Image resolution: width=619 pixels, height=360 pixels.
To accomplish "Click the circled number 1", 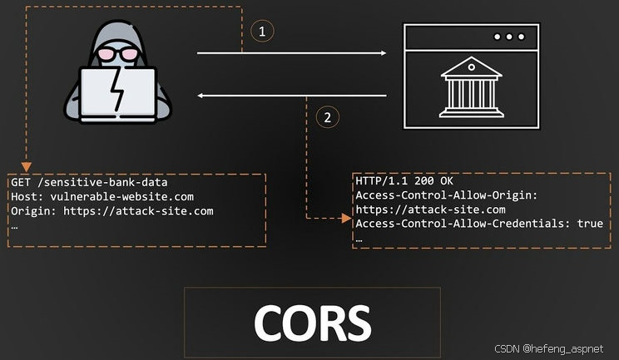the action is point(262,32).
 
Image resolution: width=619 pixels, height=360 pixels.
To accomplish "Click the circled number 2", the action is point(327,117).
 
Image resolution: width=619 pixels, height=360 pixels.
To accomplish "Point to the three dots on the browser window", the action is point(508,37).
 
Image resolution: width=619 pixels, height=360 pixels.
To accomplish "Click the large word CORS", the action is point(312,321).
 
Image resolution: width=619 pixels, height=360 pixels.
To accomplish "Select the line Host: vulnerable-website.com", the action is point(102,196).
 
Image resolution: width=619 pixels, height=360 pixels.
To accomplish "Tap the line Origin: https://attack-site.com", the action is point(112,211).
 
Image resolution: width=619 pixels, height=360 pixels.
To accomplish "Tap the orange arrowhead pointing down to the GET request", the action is point(27,165).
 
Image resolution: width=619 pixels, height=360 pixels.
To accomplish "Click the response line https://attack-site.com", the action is point(430,210).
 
